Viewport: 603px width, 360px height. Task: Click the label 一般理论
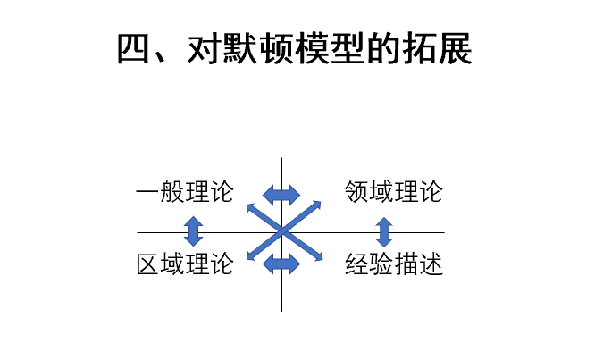[185, 192]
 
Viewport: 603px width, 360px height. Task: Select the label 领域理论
[393, 192]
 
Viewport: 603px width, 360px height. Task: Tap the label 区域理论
[185, 264]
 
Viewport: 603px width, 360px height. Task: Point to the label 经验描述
[393, 264]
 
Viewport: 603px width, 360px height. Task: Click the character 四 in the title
[135, 50]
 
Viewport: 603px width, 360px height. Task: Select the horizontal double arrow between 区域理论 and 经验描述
[281, 264]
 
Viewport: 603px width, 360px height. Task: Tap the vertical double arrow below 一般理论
[193, 230]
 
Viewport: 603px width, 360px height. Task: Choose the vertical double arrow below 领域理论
[385, 231]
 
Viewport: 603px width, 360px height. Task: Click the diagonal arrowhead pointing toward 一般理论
[249, 206]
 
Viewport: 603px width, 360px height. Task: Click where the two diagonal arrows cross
[282, 231]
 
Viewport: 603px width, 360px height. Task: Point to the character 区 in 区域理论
[148, 264]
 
